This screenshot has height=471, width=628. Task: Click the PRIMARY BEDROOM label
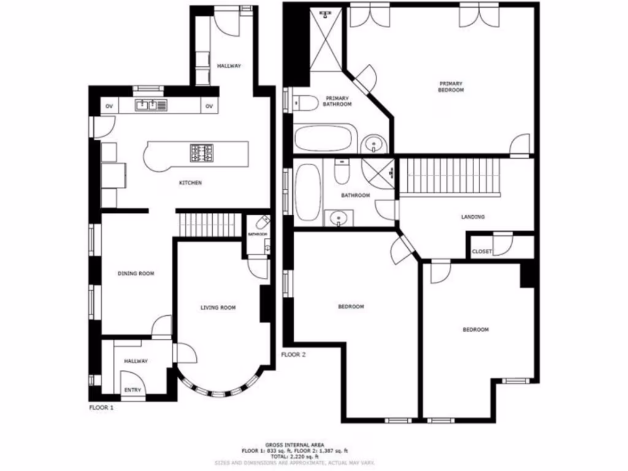point(451,86)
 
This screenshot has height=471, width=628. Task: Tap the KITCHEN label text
point(190,183)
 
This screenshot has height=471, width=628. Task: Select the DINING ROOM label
point(136,274)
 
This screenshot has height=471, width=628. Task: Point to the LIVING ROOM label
point(218,307)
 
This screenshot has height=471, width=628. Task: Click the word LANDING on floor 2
point(473,217)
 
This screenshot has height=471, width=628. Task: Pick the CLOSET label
point(482,251)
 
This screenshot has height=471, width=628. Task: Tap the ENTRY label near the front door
point(132,390)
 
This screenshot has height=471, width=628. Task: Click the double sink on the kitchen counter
point(151,105)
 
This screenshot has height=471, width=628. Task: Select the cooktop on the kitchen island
point(201,151)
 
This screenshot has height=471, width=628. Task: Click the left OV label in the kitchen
point(109,106)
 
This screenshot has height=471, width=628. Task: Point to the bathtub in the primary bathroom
point(323,138)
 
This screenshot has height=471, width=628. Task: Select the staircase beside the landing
point(451,175)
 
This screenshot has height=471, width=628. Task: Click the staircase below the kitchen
point(209,224)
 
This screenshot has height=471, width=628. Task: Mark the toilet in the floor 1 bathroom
point(263,222)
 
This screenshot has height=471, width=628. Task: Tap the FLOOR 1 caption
point(102,407)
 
